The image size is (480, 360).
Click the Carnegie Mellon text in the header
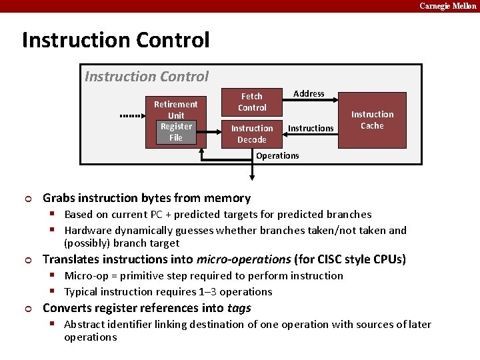pos(447,6)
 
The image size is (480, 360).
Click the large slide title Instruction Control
pos(115,40)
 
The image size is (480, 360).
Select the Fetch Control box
pos(252,102)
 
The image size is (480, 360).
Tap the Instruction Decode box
pos(252,134)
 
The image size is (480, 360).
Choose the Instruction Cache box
pos(372,120)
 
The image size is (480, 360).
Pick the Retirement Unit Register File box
pos(175,121)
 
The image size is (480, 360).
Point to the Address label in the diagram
pos(309,94)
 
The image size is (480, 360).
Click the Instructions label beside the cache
pos(311,128)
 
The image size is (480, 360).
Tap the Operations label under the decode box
pos(277,156)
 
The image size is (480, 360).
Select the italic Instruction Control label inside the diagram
pos(147,77)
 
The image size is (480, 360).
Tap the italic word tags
pos(238,308)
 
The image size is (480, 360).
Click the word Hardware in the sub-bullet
pos(89,231)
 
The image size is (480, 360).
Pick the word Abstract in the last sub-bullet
pos(85,325)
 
